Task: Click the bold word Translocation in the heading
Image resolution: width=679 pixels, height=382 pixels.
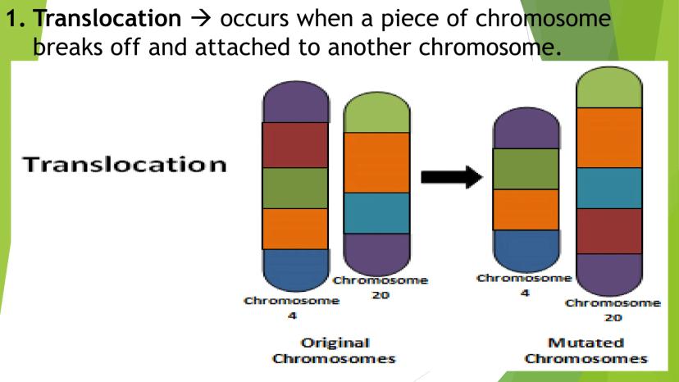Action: (107, 18)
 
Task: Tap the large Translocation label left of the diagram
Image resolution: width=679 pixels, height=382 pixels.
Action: (125, 165)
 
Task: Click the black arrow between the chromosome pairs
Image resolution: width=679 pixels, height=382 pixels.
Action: (452, 177)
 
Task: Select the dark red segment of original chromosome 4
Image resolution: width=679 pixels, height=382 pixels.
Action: (295, 145)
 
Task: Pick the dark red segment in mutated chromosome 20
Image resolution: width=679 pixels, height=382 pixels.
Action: (609, 231)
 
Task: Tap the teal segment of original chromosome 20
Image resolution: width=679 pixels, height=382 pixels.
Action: (376, 213)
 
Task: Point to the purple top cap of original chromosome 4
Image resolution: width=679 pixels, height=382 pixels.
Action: (295, 102)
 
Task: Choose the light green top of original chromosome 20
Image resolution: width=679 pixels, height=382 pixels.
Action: (376, 112)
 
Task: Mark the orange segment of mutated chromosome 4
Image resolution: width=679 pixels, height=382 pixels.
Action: (526, 210)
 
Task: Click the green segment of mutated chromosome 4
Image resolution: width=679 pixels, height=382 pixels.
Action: (526, 169)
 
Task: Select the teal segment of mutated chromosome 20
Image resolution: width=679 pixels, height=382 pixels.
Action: (609, 189)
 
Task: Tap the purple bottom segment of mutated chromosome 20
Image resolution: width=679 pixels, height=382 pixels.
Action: (609, 275)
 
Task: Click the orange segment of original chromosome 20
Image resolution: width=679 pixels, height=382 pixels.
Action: (376, 163)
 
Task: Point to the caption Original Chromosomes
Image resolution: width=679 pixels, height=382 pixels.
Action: (335, 351)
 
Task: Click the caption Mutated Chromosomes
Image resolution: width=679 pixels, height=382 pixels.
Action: (586, 351)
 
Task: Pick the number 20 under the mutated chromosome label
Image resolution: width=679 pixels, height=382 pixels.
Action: (613, 318)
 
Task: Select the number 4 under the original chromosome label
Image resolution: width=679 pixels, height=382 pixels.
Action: (292, 316)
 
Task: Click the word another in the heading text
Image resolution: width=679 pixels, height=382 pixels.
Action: (369, 47)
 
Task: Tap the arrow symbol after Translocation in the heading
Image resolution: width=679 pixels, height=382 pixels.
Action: (200, 19)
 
